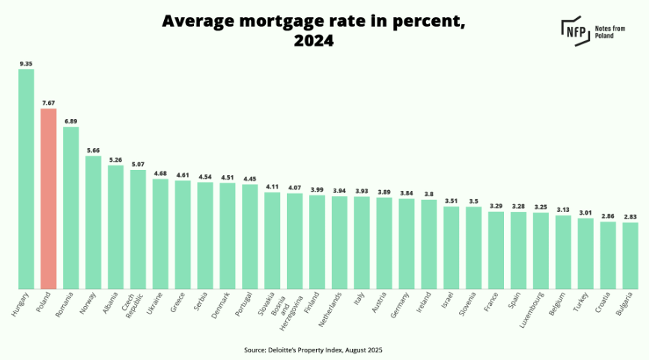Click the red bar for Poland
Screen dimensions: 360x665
coord(49,198)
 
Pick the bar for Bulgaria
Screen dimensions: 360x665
coord(630,255)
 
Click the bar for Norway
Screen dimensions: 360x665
coord(94,222)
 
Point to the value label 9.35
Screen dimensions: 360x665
coord(26,64)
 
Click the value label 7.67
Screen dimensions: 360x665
coord(49,103)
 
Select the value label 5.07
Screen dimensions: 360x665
coord(138,164)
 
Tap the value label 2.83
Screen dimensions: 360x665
coord(630,216)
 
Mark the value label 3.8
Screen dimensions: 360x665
coord(428,194)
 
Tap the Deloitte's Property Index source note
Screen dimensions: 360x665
coord(314,349)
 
